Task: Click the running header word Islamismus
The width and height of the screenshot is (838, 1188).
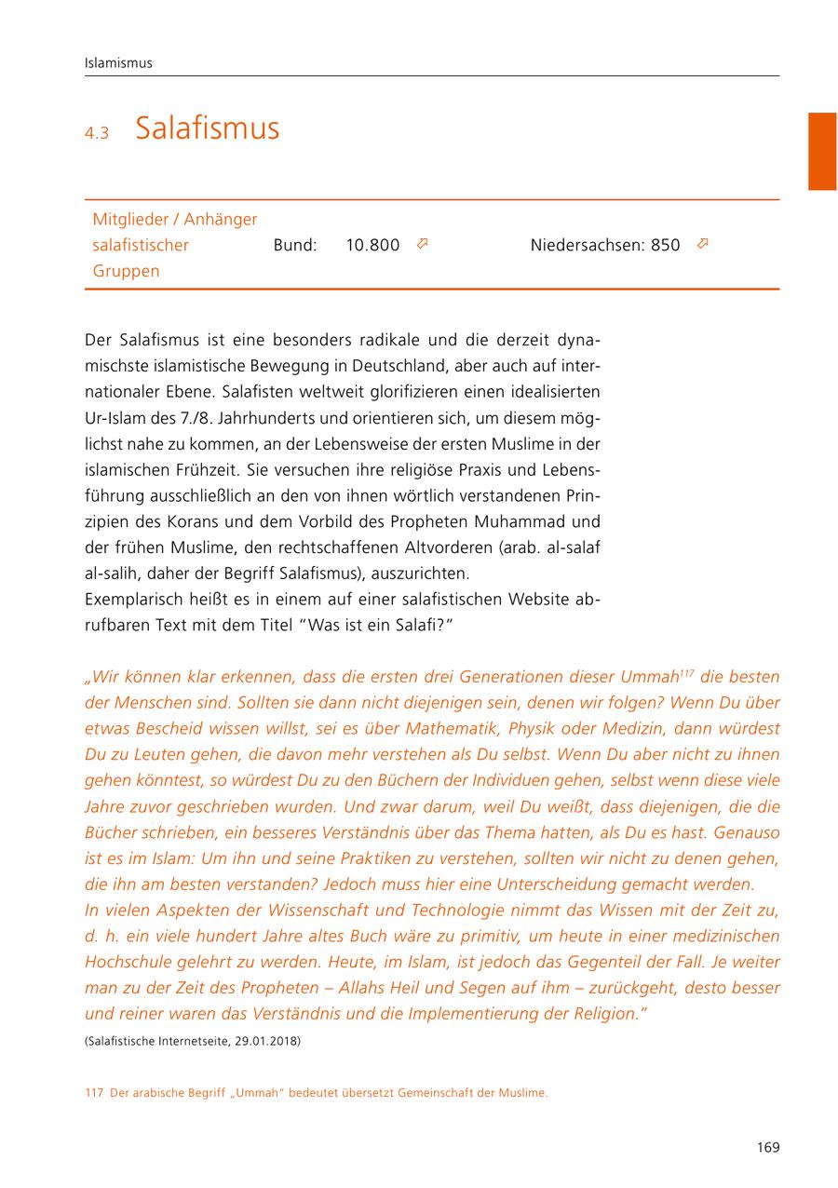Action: pyautogui.click(x=118, y=63)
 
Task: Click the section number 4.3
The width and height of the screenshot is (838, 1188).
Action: pyautogui.click(x=97, y=133)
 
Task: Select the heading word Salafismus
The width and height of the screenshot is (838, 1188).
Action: pyautogui.click(x=208, y=128)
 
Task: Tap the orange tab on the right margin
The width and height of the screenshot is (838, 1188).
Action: pyautogui.click(x=822, y=151)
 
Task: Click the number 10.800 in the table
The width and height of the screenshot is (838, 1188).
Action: pyautogui.click(x=372, y=246)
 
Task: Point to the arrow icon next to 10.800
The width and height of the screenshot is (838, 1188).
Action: pyautogui.click(x=422, y=244)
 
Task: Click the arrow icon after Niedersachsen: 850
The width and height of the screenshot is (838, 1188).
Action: pyautogui.click(x=702, y=244)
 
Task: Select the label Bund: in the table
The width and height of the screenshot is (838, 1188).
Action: pyautogui.click(x=295, y=246)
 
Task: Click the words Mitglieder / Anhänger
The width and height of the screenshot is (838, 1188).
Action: pyautogui.click(x=175, y=220)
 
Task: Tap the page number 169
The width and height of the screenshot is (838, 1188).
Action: pyautogui.click(x=767, y=1147)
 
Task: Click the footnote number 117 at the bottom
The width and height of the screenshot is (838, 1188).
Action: pyautogui.click(x=93, y=1093)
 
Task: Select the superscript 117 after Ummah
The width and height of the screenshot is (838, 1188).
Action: pyautogui.click(x=687, y=672)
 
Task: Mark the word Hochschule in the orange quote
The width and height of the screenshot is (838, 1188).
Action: pyautogui.click(x=127, y=962)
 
